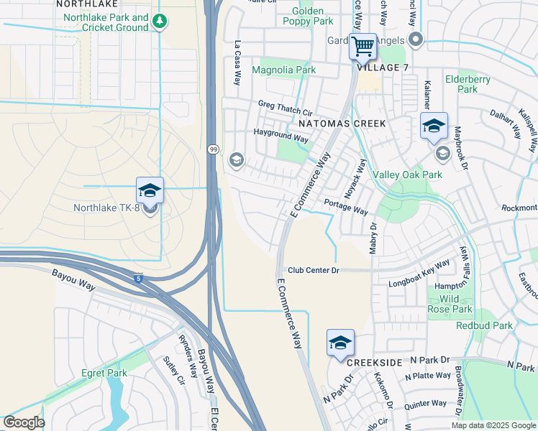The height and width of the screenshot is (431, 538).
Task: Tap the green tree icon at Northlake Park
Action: pos(160,22)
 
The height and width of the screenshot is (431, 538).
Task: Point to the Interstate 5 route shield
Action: pos(140,277)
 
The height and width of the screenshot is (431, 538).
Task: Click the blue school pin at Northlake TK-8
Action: pos(150,191)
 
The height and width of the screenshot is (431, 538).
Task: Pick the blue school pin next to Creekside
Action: pos(340,343)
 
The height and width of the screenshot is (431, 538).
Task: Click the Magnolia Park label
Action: pos(283,70)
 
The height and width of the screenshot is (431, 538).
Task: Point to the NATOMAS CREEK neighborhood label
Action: pos(342,124)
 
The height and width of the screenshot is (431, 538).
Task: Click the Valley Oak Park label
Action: pos(407,174)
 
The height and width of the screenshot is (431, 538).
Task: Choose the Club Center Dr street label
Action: pos(313,270)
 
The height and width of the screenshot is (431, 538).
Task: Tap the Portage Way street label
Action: pos(345,207)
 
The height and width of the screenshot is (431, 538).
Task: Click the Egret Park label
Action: pos(105,373)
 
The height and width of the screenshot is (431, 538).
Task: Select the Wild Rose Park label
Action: pos(455,304)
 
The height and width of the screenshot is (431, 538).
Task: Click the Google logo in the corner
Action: pos(24,422)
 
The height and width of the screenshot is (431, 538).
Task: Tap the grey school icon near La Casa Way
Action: pos(235,159)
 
